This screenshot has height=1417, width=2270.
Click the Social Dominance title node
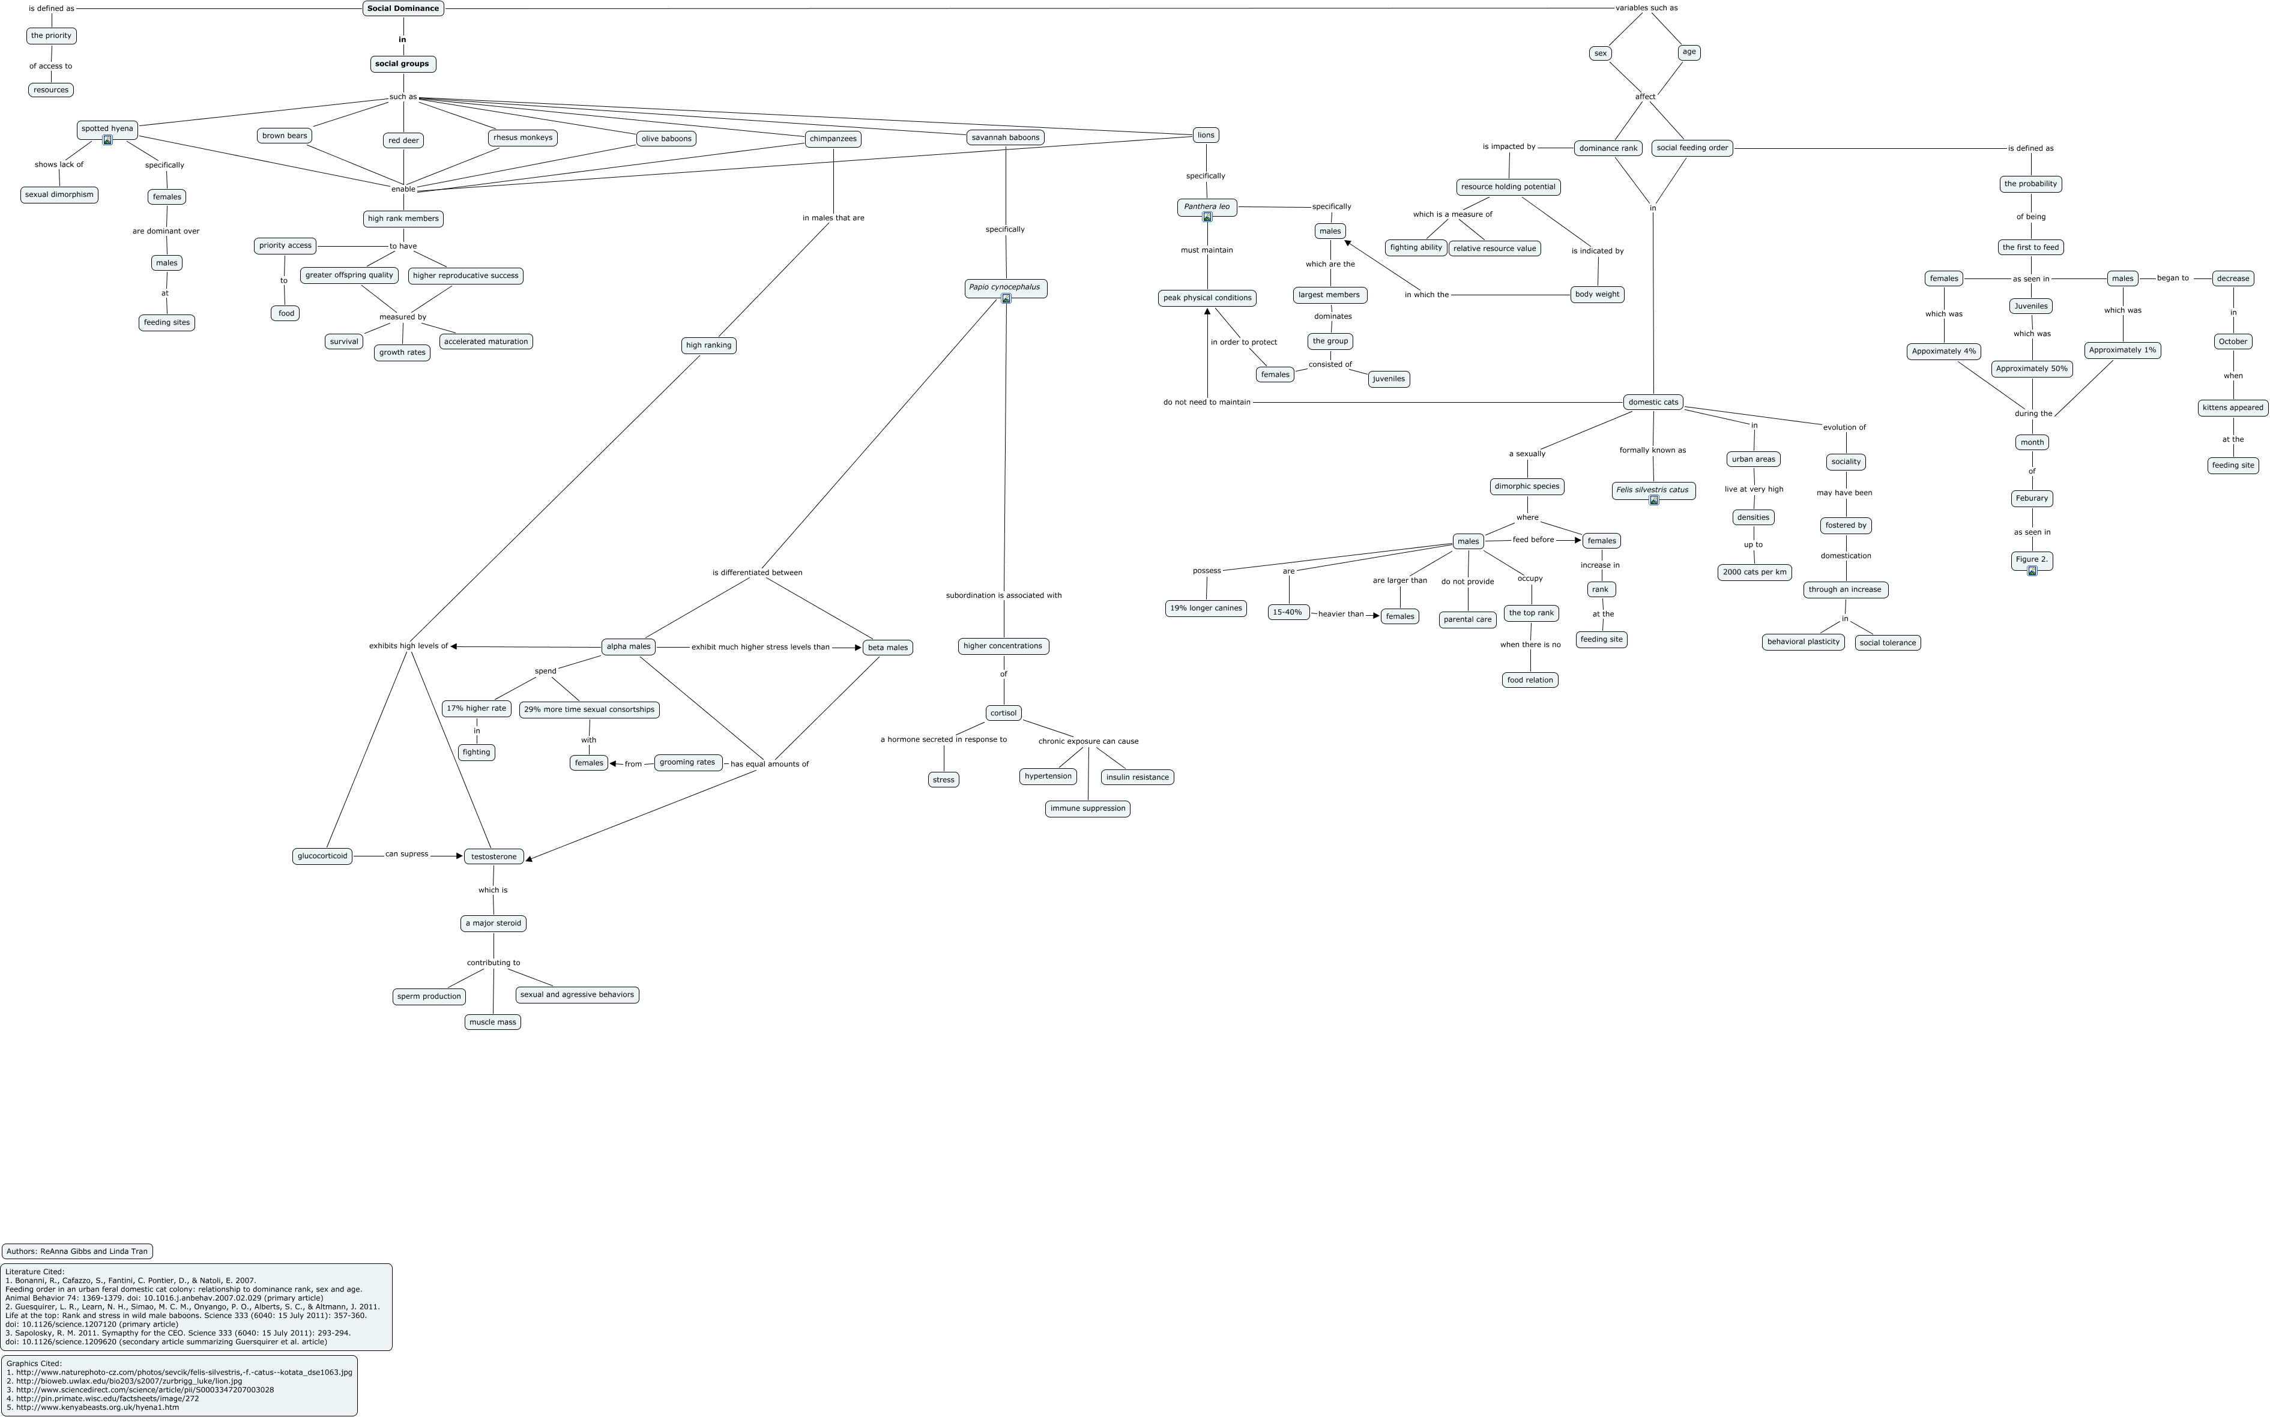coord(403,8)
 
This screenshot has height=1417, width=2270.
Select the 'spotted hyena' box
coord(107,128)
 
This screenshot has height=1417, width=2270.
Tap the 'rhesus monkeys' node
coord(523,138)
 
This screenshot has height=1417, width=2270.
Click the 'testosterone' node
coord(494,856)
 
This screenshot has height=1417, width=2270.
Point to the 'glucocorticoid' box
coord(322,856)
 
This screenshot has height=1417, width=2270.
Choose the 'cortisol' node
coord(1003,713)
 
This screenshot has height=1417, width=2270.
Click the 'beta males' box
coord(887,648)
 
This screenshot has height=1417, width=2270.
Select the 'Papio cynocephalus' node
coord(1005,287)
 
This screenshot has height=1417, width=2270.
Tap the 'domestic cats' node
coord(1653,402)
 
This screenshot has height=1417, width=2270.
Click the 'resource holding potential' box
coord(1508,187)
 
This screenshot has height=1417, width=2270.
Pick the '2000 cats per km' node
coord(1754,572)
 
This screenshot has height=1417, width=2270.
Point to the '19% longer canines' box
coord(1206,608)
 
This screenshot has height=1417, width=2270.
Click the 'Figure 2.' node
coord(2031,559)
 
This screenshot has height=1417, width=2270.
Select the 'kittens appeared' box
coord(2233,408)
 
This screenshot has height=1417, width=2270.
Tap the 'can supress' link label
coord(407,855)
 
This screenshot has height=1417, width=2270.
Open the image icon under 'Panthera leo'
coord(1207,217)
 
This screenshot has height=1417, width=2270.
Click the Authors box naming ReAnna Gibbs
coord(77,1251)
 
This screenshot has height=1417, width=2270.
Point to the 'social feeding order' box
coord(1692,148)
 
